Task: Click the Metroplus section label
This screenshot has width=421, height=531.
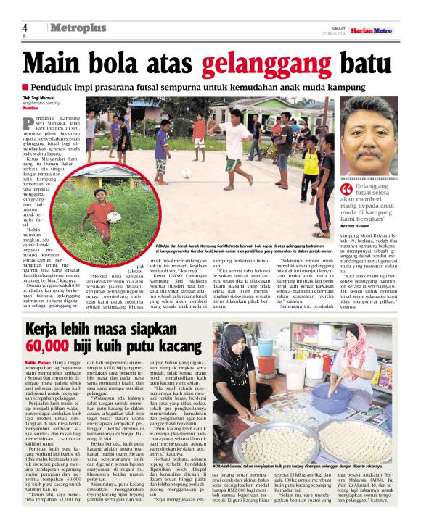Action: click(x=78, y=28)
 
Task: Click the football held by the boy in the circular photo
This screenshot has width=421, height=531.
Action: click(x=115, y=215)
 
